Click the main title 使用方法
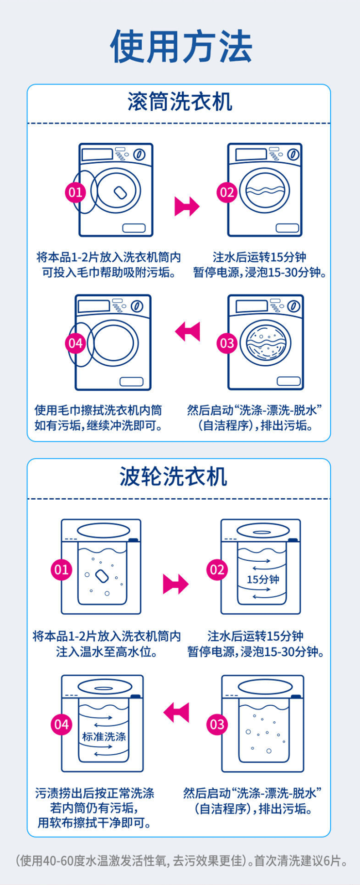pos(181,47)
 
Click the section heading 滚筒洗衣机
pos(180,102)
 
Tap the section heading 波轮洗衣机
pos(174,476)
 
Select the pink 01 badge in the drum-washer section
pos(75,192)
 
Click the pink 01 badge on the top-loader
pos(61,569)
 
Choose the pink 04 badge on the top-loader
pos(61,725)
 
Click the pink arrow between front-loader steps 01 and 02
pos(187,206)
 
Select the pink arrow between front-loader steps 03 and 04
pos(187,331)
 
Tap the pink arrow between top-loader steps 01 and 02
pos(175,584)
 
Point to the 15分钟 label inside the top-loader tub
pos(263,580)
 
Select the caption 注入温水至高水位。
pos(107,652)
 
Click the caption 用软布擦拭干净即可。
pos(94,823)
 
